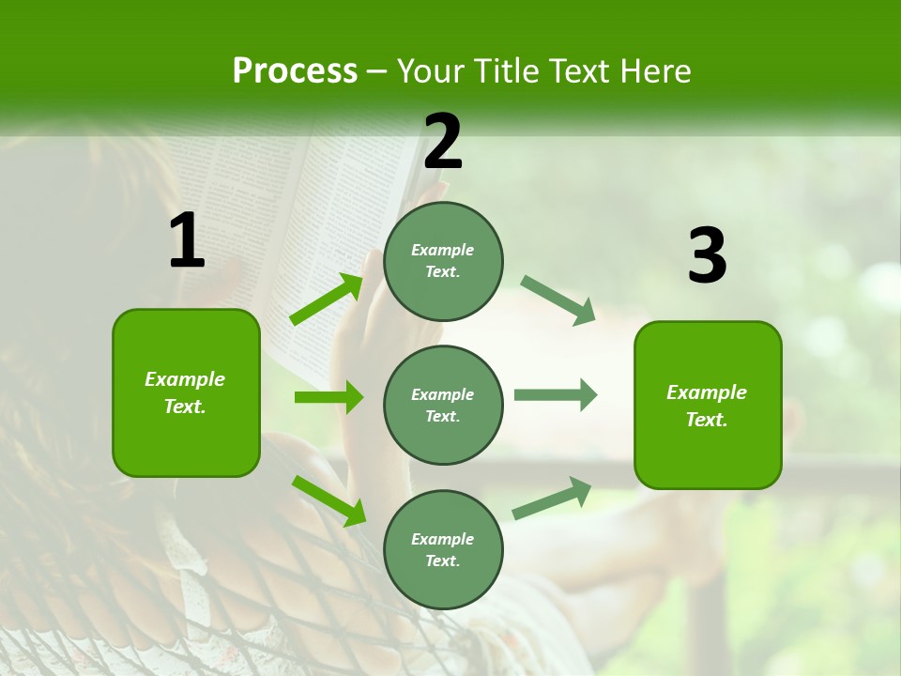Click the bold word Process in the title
[295, 71]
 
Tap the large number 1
[187, 241]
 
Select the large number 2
[443, 142]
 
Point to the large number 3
[707, 256]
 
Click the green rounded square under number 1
[186, 392]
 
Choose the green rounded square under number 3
[708, 405]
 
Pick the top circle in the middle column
[443, 261]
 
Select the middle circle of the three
[443, 405]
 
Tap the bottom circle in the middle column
[443, 549]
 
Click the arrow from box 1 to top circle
[328, 300]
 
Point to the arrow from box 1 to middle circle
[328, 397]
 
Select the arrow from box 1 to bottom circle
[328, 499]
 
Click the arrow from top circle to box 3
[558, 300]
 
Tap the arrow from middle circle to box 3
[555, 394]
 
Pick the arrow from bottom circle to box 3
[553, 498]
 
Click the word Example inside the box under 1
[185, 379]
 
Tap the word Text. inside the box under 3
[707, 420]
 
